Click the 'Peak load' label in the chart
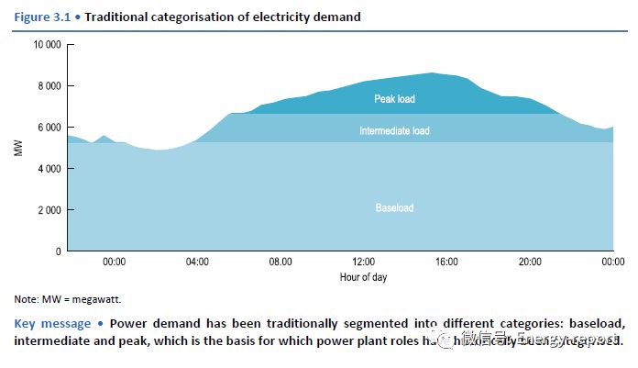tap(394, 98)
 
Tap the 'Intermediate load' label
tap(394, 130)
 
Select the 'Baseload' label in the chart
tap(394, 208)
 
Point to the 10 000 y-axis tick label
tap(46, 45)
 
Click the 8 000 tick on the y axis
tap(49, 86)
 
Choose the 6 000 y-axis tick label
tap(49, 128)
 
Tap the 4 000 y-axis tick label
tap(49, 169)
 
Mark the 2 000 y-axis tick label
tap(49, 210)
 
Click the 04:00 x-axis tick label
tap(197, 262)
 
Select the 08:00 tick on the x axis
tap(280, 262)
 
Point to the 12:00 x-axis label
tap(364, 262)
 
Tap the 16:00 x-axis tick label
tap(446, 262)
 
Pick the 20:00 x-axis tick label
tap(530, 262)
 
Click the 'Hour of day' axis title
tap(362, 276)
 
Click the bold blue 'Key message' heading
tap(52, 323)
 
